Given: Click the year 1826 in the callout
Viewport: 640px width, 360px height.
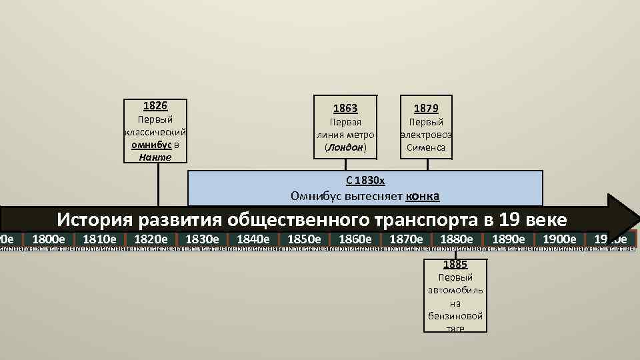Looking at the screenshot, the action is pos(155,106).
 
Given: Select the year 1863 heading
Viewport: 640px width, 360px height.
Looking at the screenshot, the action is pos(345,108).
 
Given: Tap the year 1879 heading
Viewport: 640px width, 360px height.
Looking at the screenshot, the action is pos(426,108).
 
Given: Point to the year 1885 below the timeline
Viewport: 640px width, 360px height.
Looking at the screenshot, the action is pos(455,264).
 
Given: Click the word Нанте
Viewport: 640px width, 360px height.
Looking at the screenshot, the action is pos(155,157).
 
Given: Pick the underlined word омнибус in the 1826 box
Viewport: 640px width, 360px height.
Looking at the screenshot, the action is pos(151,145).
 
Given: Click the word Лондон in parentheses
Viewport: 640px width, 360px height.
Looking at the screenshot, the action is pos(345,147).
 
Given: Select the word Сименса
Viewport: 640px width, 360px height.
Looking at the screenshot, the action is pos(426,147).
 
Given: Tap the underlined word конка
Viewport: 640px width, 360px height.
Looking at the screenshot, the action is pos(422,196).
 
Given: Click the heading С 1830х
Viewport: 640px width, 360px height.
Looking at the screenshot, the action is pos(365,181).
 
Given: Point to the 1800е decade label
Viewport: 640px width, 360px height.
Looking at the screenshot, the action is pos(49,239).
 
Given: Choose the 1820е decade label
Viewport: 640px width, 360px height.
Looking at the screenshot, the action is pos(151,239).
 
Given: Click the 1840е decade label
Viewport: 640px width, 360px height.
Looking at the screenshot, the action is pos(253,239).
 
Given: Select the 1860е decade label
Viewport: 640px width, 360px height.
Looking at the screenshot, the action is pos(355,239).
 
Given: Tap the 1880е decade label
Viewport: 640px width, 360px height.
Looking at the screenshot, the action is pos(457,239).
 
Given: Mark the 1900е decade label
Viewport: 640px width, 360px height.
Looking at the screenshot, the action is pos(559,239).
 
